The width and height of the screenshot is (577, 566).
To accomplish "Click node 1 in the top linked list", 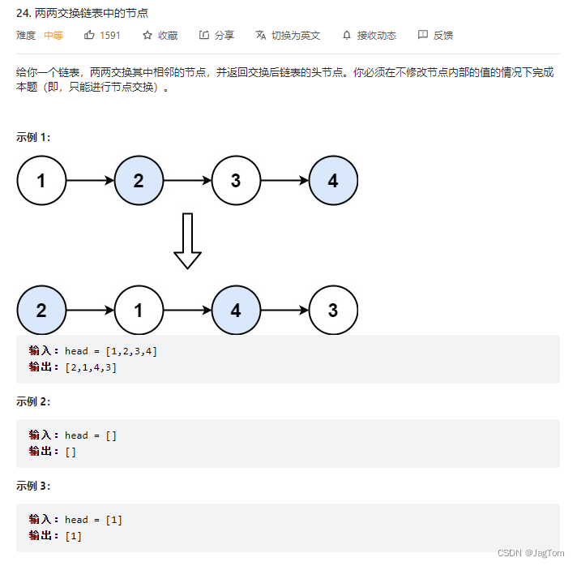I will point(41,181).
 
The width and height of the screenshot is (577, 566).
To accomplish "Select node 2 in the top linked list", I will point(139,181).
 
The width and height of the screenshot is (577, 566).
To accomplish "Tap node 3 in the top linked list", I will point(236,181).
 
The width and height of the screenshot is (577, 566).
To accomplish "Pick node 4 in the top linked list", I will point(333,181).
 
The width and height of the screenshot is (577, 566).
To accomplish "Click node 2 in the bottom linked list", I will point(41,311).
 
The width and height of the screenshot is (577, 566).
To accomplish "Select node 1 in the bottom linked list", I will point(139,311).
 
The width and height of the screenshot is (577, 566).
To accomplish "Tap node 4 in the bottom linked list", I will point(236,311).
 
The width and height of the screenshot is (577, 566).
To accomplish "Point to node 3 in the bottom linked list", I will point(333,311).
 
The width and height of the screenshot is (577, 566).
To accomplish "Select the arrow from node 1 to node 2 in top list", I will point(90,181).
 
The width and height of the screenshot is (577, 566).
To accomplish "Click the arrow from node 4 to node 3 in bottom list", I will point(284,311).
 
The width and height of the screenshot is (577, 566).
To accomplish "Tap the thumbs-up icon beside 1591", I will point(90,35).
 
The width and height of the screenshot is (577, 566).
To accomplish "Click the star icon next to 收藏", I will point(147,35).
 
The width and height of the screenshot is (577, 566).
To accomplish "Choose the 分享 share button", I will point(216,35).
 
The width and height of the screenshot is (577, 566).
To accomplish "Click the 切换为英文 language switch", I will point(288,35).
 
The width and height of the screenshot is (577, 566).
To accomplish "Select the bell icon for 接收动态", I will point(347,35).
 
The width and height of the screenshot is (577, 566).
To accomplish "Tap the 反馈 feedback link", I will point(435,35).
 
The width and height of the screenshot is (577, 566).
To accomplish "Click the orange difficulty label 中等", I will point(53,35).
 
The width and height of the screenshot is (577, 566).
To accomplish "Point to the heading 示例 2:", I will point(33,401).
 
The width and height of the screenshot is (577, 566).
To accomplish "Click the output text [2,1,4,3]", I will point(92,367).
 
